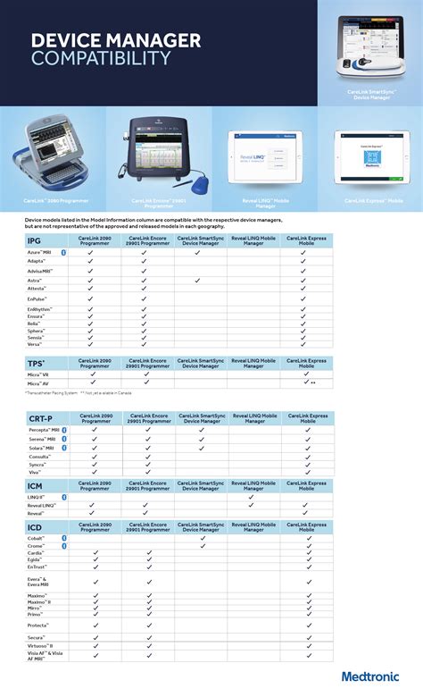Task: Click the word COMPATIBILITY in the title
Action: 101,57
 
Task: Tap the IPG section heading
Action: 35,241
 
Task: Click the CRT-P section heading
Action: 41,418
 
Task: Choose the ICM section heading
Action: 35,485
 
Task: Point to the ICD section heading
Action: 35,527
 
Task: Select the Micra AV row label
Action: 38,382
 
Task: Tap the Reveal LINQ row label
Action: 42,505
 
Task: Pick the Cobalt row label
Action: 37,538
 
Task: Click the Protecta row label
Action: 37,626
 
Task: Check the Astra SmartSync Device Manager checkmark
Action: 197,280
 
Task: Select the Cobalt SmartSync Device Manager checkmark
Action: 203,538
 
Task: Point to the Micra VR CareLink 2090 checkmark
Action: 93,374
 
